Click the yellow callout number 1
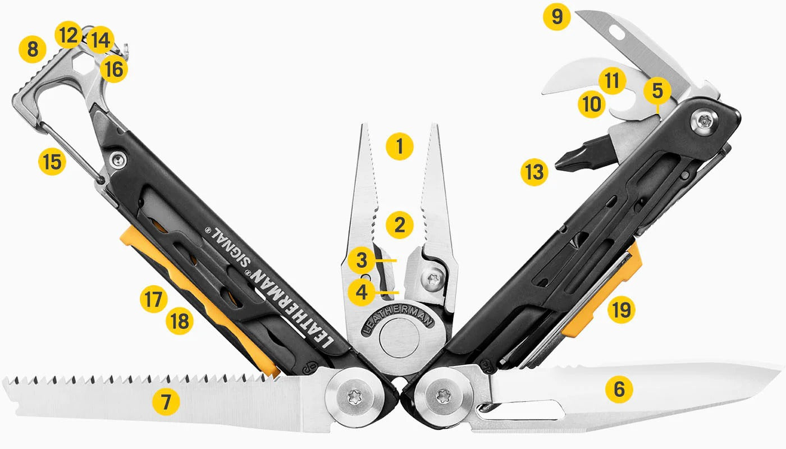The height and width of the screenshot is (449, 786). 400,146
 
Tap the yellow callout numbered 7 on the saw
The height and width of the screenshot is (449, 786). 166,402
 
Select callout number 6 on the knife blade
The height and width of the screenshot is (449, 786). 619,388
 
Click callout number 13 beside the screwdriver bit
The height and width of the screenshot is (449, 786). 533,172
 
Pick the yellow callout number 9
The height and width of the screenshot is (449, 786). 556,17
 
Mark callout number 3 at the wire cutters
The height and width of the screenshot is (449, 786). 361,260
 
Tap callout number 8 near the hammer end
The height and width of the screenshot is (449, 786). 33,49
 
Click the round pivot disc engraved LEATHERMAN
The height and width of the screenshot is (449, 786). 399,340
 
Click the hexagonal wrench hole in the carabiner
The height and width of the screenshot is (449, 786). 85,68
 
